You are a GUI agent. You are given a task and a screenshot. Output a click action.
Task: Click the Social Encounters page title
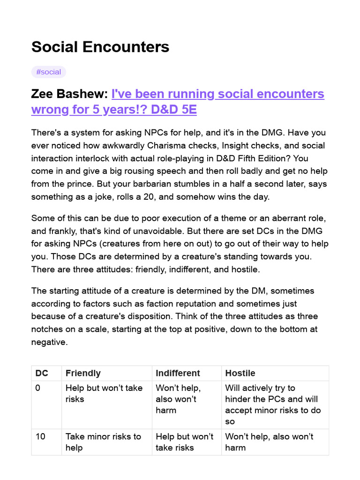[x=100, y=47]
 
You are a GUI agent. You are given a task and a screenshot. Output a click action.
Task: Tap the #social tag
[x=49, y=72]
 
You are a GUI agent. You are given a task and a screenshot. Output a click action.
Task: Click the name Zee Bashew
[x=68, y=94]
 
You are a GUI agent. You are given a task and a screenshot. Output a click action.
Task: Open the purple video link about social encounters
[x=178, y=102]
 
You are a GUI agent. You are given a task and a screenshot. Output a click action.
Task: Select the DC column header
[x=41, y=373]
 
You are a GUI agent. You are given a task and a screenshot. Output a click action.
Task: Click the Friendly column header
[x=83, y=373]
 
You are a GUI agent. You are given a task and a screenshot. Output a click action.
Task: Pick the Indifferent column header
[x=178, y=373]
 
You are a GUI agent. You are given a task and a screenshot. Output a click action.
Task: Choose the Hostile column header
[x=240, y=373]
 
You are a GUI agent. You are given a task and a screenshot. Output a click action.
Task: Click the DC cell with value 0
[x=38, y=388]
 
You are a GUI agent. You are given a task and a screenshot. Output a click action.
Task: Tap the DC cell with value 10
[x=40, y=436]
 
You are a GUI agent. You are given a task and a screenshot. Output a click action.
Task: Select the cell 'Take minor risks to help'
[x=103, y=442]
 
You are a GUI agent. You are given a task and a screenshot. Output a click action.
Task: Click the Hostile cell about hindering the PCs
[x=274, y=405]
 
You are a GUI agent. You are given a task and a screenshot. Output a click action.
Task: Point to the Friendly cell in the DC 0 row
[x=104, y=393]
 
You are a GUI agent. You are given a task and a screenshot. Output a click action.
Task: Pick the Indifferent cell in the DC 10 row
[x=184, y=442]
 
